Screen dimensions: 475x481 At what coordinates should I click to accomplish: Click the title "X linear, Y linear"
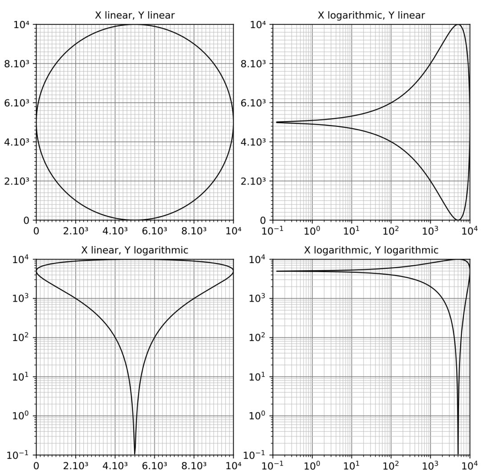[x=135, y=16]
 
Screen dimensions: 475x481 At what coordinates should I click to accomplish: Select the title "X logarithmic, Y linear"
[x=371, y=16]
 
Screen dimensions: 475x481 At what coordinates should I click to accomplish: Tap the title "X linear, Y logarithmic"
[x=135, y=250]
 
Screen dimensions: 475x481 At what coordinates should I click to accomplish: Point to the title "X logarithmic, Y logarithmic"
[x=371, y=250]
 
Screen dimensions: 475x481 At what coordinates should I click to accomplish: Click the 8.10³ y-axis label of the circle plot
[x=16, y=64]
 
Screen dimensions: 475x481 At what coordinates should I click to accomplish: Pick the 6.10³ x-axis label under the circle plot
[x=154, y=231]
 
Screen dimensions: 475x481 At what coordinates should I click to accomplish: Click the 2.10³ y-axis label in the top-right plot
[x=253, y=181]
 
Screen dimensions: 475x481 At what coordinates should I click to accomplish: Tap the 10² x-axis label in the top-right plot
[x=391, y=231]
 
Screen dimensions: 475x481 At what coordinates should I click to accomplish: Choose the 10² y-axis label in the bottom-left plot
[x=20, y=337]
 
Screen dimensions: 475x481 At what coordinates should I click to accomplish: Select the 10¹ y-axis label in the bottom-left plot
[x=20, y=377]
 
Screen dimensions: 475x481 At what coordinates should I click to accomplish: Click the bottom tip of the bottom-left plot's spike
[x=135, y=454]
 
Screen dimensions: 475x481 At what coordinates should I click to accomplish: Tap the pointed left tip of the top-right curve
[x=277, y=122]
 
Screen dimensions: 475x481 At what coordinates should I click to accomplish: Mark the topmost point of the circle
[x=135, y=24]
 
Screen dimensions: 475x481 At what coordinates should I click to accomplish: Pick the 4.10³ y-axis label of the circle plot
[x=16, y=142]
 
